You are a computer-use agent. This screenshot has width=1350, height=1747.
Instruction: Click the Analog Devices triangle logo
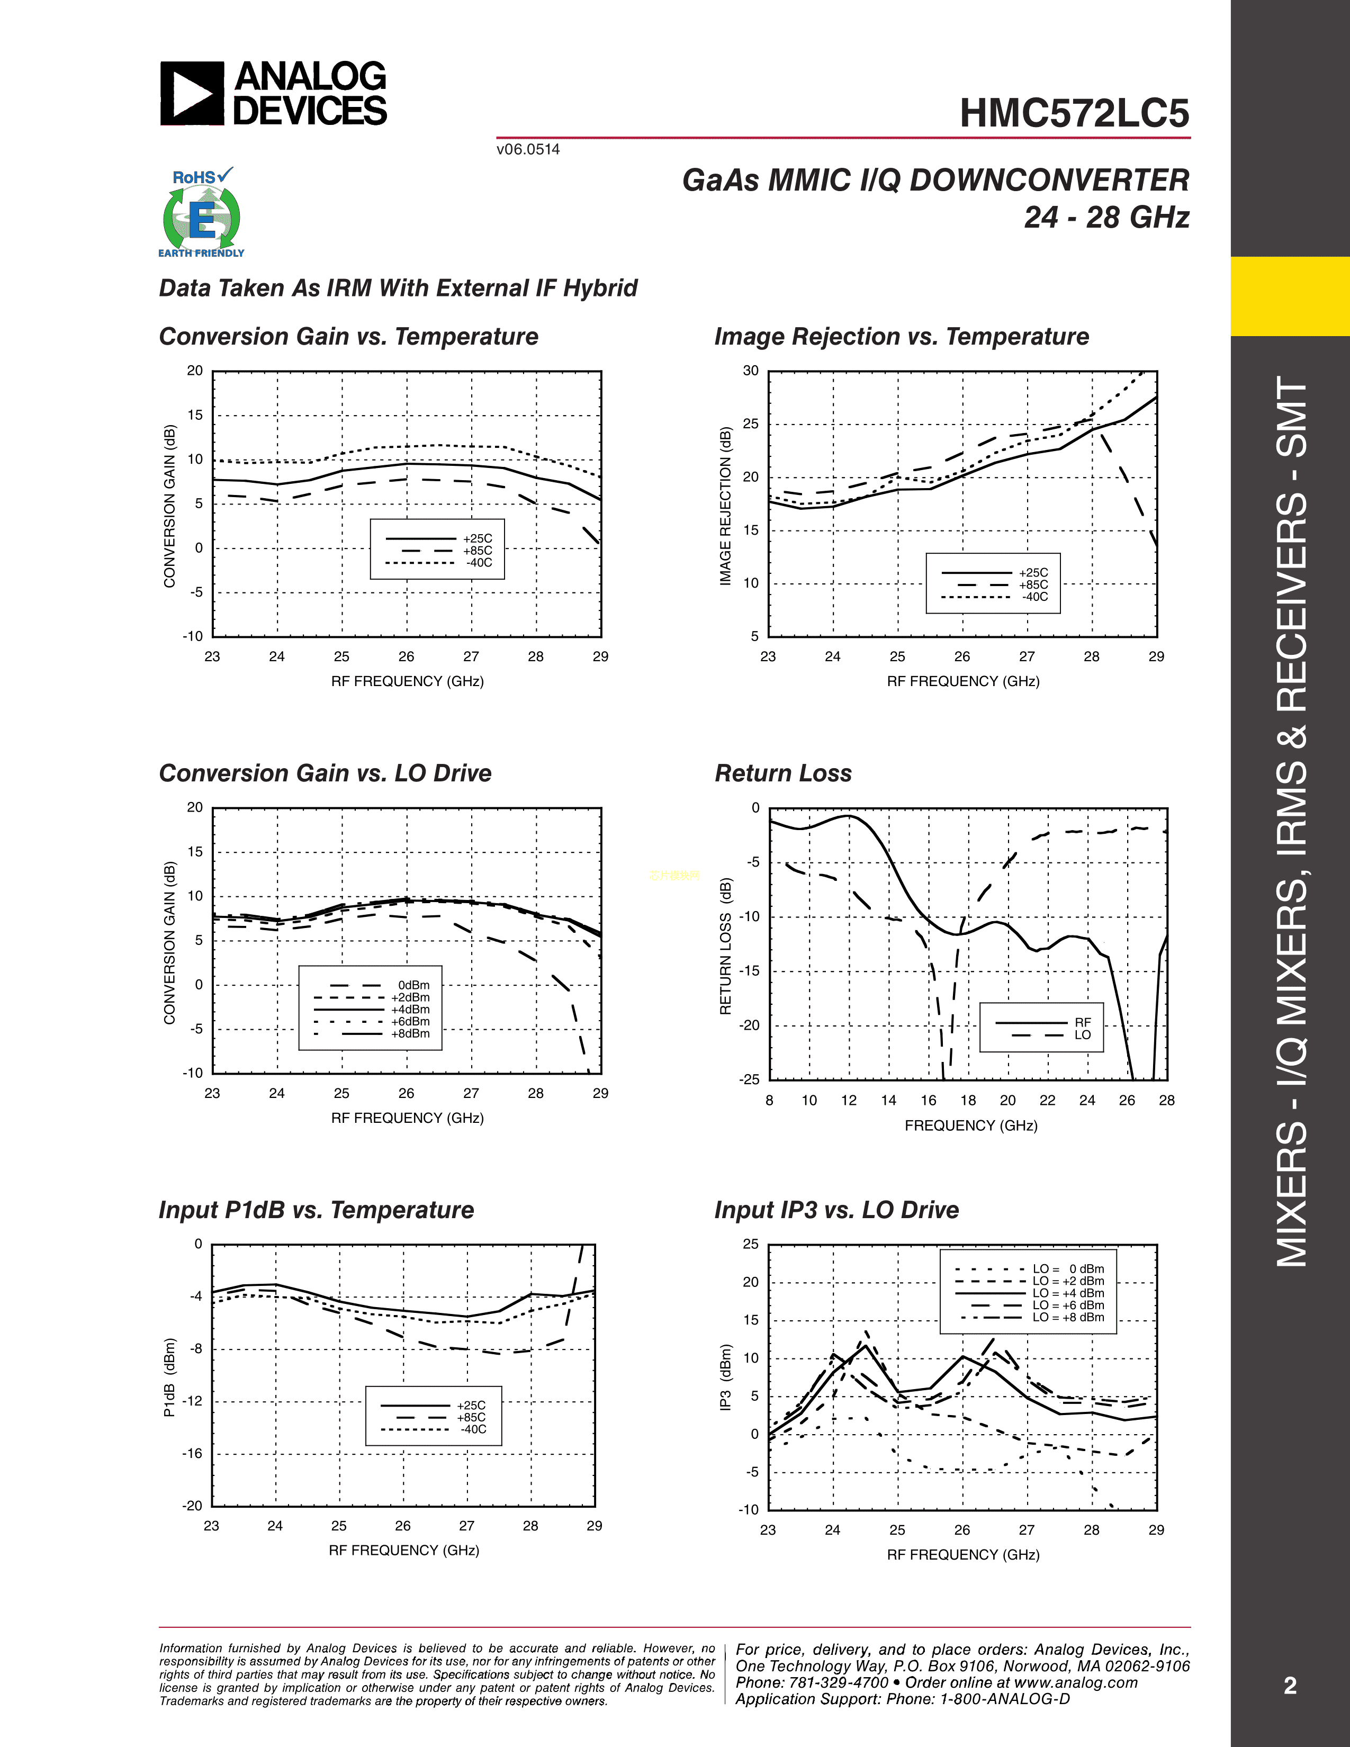click(x=192, y=94)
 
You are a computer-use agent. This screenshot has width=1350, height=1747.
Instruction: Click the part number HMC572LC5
click(x=1074, y=114)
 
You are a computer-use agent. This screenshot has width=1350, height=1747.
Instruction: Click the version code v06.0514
click(x=528, y=150)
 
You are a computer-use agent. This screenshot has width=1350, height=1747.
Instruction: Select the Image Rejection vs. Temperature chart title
click(x=902, y=337)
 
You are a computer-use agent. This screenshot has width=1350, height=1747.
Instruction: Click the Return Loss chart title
click(x=783, y=773)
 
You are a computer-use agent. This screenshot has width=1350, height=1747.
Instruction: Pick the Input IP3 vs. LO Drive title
click(x=836, y=1210)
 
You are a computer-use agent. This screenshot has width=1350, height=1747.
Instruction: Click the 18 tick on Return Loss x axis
click(x=968, y=1101)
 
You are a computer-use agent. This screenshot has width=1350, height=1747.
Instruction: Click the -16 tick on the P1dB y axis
click(x=192, y=1453)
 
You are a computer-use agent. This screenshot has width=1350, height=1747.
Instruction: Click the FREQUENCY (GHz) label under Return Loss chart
click(x=971, y=1125)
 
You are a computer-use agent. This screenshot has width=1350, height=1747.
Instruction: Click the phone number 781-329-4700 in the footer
click(x=840, y=1682)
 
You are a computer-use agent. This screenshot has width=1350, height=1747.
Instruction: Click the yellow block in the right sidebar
click(x=1290, y=296)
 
